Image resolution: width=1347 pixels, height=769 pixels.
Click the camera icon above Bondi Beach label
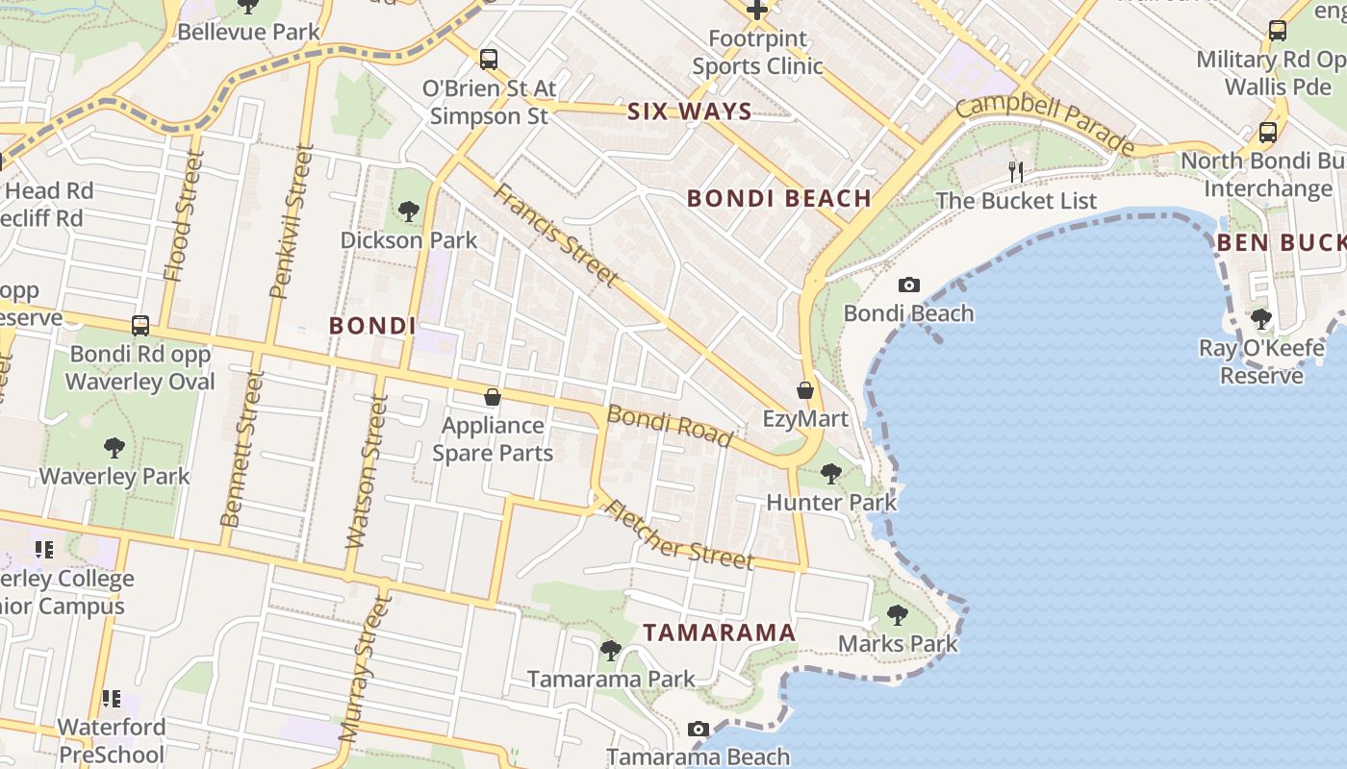pyautogui.click(x=908, y=285)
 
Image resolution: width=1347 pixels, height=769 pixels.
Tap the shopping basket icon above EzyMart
pyautogui.click(x=805, y=390)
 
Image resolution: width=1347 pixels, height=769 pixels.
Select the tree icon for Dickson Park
pyautogui.click(x=408, y=211)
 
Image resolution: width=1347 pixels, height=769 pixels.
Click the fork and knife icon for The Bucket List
pyautogui.click(x=1016, y=172)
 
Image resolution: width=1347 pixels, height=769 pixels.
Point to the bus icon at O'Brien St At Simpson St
pyautogui.click(x=489, y=60)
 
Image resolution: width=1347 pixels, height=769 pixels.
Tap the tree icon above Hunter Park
pyautogui.click(x=831, y=473)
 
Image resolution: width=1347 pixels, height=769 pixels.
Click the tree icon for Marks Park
pyautogui.click(x=898, y=614)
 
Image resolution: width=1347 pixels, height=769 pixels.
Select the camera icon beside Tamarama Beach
pyautogui.click(x=699, y=729)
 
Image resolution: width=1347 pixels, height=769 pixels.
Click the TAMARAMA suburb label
pyautogui.click(x=720, y=633)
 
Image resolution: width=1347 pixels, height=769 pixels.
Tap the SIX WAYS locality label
pyautogui.click(x=689, y=112)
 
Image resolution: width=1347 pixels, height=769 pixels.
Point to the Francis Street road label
pyautogui.click(x=555, y=235)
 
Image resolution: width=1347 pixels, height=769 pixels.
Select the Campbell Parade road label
pyautogui.click(x=1046, y=122)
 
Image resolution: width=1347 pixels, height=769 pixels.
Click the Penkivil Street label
pyautogui.click(x=292, y=221)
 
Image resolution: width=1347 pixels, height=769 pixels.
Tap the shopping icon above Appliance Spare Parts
pyautogui.click(x=493, y=396)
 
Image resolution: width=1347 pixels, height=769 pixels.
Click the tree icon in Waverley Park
pyautogui.click(x=114, y=447)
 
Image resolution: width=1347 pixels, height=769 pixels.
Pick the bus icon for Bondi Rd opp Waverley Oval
pyautogui.click(x=140, y=325)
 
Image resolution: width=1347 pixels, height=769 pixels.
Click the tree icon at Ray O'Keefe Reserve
pyautogui.click(x=1261, y=318)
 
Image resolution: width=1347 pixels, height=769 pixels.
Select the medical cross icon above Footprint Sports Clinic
pyautogui.click(x=758, y=11)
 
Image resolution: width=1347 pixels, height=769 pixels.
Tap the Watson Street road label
pyautogui.click(x=368, y=471)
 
